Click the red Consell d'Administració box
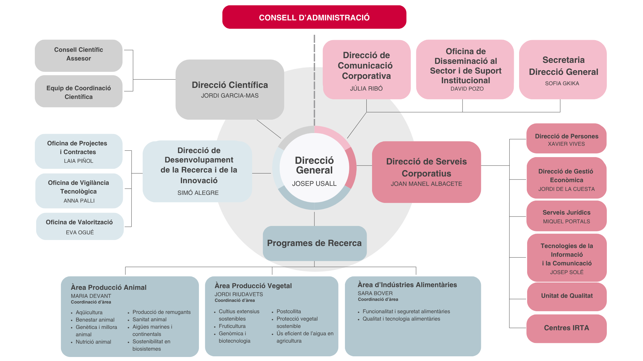click(x=314, y=17)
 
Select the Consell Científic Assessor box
click(x=79, y=55)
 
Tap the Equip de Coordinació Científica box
click(x=79, y=91)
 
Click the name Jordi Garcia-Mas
click(x=230, y=96)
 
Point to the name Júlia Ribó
click(x=366, y=89)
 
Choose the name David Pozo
click(x=467, y=89)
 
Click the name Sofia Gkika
click(x=562, y=84)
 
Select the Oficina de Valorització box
click(x=80, y=226)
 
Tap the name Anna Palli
click(x=79, y=201)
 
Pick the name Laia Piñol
click(x=79, y=161)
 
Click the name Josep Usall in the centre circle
click(x=314, y=184)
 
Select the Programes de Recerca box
click(x=314, y=243)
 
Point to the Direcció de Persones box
click(x=566, y=138)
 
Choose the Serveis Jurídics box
click(x=566, y=216)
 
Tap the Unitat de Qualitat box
click(x=567, y=296)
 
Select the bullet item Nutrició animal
click(x=93, y=342)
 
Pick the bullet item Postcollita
click(x=289, y=312)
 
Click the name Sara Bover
click(x=375, y=293)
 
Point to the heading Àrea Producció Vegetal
click(x=253, y=286)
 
